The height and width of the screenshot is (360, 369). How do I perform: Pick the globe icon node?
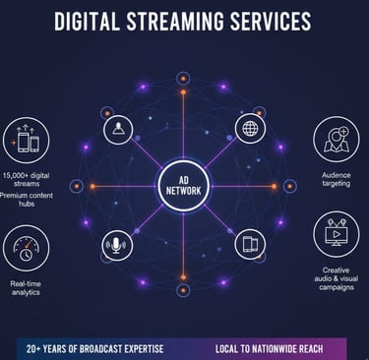(x=251, y=129)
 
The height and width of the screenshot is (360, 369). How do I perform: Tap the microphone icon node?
(x=117, y=245)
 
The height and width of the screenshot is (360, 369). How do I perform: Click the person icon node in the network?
(x=119, y=130)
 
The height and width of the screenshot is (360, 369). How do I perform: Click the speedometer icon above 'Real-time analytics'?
(x=26, y=248)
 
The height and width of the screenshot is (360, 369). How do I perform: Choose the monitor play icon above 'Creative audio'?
(x=337, y=236)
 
